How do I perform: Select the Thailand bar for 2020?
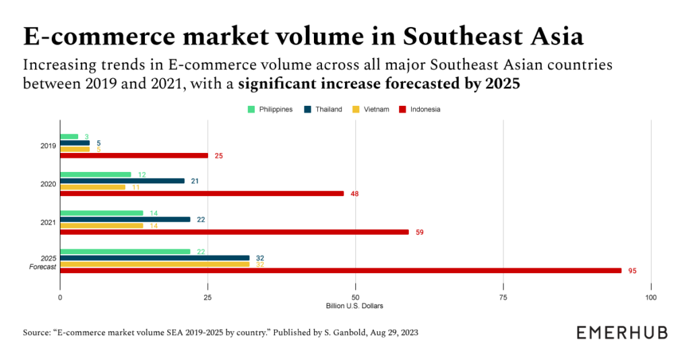122,181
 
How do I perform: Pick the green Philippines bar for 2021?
102,213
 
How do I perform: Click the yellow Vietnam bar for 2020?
92,187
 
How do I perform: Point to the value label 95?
631,271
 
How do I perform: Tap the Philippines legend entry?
270,109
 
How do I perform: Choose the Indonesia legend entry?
420,109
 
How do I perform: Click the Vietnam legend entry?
370,109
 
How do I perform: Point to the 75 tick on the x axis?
503,297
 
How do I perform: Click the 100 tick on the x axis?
650,297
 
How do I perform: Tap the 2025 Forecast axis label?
44,263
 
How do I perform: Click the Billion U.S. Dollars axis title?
354,306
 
